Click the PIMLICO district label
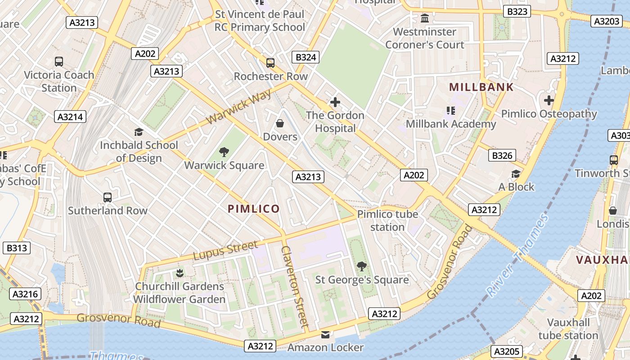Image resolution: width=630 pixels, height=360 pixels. pyautogui.click(x=254, y=209)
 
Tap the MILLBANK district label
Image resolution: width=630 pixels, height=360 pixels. pyautogui.click(x=481, y=87)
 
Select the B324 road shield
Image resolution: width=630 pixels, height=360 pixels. pyautogui.click(x=306, y=57)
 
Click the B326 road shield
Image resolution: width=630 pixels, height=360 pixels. pyautogui.click(x=502, y=156)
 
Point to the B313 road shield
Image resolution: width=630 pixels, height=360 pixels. pyautogui.click(x=17, y=248)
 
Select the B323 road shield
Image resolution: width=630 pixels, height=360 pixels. pyautogui.click(x=517, y=11)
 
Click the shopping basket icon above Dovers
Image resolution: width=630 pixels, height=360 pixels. pyautogui.click(x=280, y=123)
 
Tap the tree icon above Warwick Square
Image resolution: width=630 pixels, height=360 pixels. pyautogui.click(x=224, y=152)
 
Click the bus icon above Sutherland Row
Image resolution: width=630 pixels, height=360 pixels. pyautogui.click(x=108, y=197)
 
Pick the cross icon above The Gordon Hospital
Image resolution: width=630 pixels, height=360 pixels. pyautogui.click(x=335, y=102)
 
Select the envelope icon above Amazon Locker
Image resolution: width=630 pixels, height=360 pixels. pyautogui.click(x=325, y=334)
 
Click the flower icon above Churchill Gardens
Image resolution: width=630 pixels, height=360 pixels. pyautogui.click(x=180, y=273)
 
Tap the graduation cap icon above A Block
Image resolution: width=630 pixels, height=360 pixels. pyautogui.click(x=516, y=174)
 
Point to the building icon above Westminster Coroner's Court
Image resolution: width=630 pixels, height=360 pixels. pyautogui.click(x=424, y=18)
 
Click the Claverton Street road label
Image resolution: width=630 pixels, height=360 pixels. pyautogui.click(x=295, y=286)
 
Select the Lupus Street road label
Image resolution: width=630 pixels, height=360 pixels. pyautogui.click(x=225, y=251)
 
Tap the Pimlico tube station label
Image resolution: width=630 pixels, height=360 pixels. pyautogui.click(x=387, y=220)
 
